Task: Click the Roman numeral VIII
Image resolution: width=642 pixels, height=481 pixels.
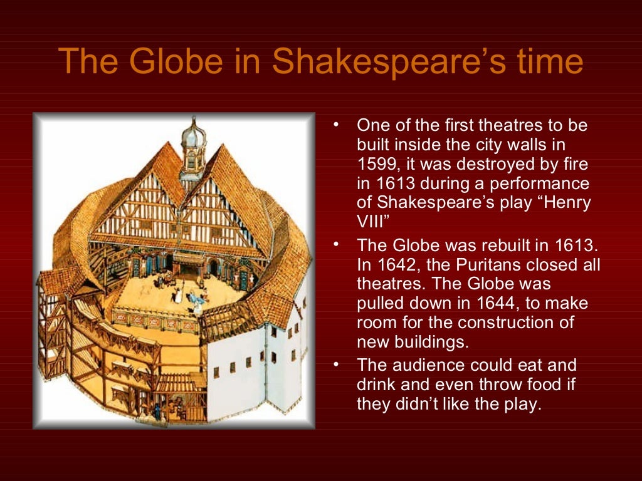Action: point(371,222)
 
